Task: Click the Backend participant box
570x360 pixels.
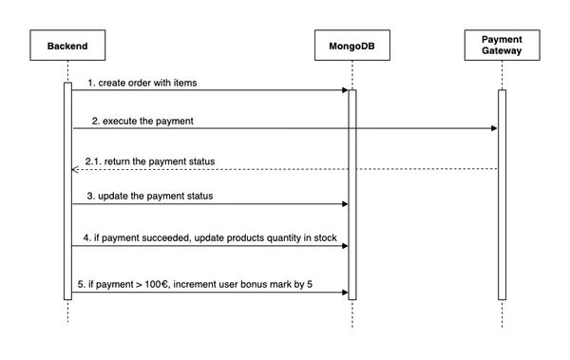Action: (x=67, y=45)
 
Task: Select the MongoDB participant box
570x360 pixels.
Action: (x=351, y=45)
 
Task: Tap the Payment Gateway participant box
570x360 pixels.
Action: (x=501, y=45)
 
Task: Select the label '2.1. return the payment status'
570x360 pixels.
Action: (x=149, y=161)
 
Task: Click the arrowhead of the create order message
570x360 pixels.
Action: (x=344, y=90)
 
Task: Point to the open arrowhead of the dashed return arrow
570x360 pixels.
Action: (x=75, y=169)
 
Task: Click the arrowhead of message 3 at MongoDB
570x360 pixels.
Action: (x=344, y=204)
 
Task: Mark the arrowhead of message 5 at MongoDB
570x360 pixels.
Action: (x=344, y=293)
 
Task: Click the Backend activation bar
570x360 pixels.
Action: (x=67, y=190)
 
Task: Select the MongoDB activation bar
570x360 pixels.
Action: (x=351, y=195)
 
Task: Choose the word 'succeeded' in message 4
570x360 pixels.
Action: (x=160, y=236)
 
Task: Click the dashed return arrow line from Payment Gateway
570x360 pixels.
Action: (x=285, y=169)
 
